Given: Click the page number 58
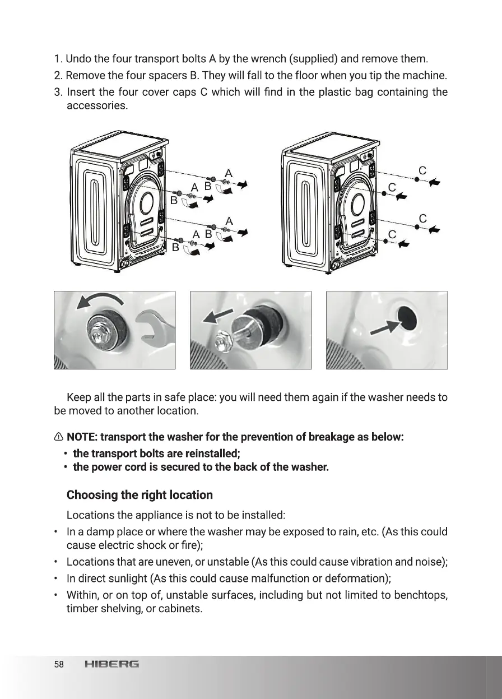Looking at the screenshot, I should click(x=59, y=665).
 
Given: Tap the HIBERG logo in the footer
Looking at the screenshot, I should click(x=111, y=665).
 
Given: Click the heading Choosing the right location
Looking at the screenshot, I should click(x=140, y=495).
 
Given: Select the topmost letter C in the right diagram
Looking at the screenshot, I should click(x=422, y=170).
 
